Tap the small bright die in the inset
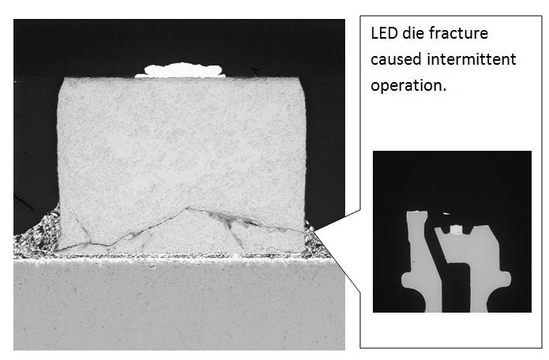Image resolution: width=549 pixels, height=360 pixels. click(x=457, y=230)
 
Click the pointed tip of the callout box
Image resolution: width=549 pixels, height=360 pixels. click(x=315, y=230)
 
